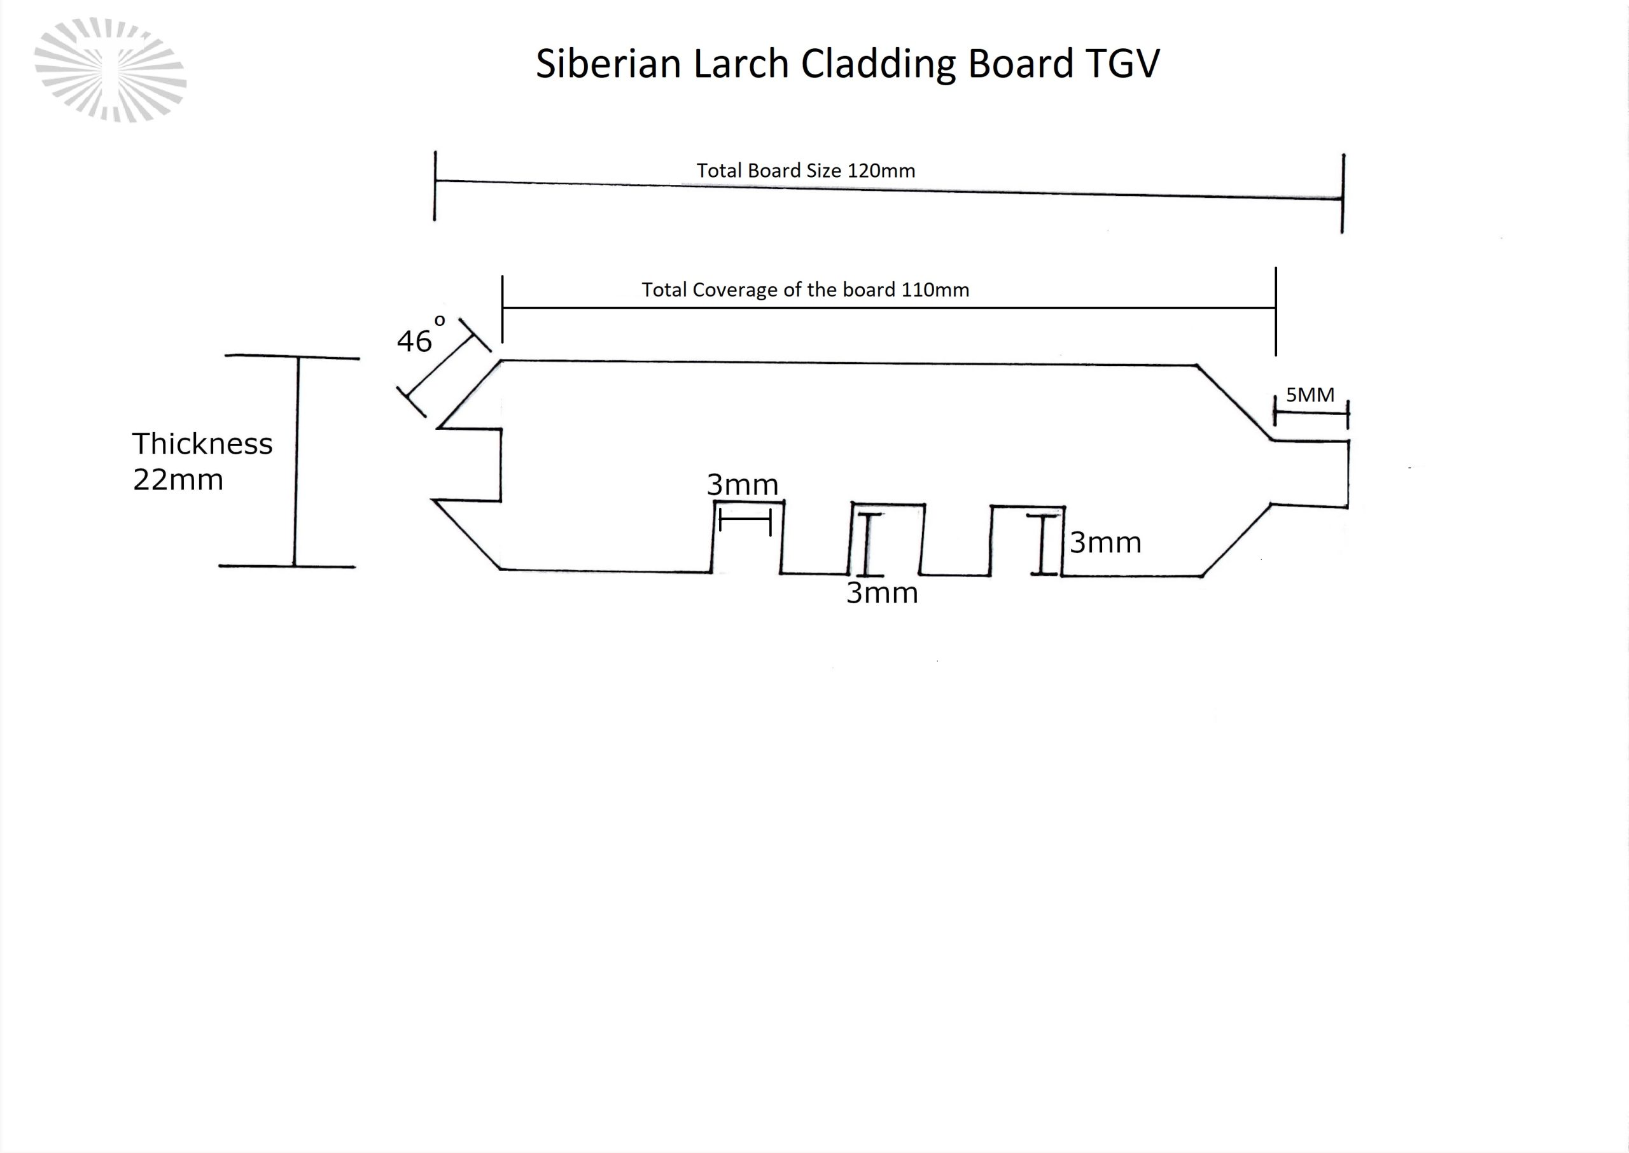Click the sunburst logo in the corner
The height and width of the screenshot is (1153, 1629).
click(110, 69)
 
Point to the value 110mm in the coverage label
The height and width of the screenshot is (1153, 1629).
click(935, 290)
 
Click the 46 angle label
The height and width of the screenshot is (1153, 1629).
click(414, 342)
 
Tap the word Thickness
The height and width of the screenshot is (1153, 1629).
click(202, 444)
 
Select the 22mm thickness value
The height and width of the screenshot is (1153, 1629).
click(178, 480)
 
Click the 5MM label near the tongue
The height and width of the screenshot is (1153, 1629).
click(1310, 395)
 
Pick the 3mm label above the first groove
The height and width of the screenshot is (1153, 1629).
click(743, 485)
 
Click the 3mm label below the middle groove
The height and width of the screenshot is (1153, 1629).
click(883, 593)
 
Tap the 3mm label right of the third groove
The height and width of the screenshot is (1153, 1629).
click(1106, 543)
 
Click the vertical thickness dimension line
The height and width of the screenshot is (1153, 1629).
click(296, 461)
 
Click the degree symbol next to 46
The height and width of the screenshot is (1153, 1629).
click(440, 321)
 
